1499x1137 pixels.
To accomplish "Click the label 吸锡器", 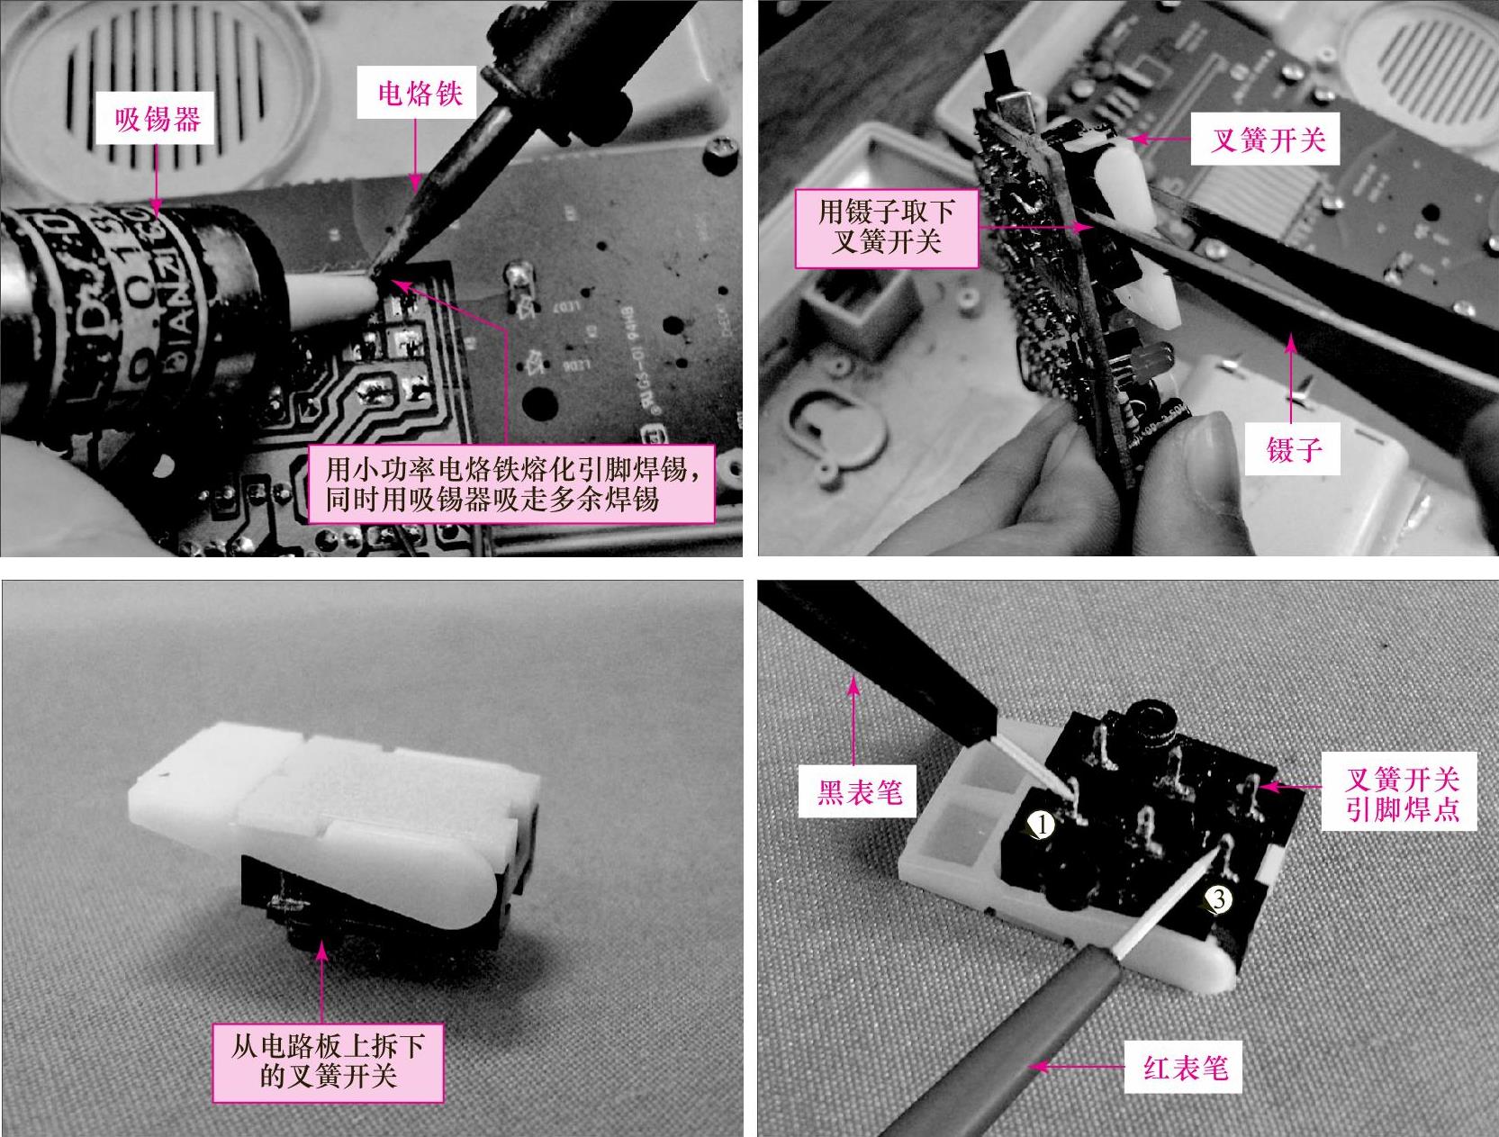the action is click(157, 121).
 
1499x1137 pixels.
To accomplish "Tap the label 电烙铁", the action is click(420, 95).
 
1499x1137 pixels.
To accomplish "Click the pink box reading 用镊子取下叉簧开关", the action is click(887, 228).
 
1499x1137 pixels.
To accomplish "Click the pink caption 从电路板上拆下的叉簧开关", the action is click(328, 1062).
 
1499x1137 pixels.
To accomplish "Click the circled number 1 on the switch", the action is click(1043, 826).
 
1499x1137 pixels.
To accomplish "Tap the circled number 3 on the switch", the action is click(1218, 898).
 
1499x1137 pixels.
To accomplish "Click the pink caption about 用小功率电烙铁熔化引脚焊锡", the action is click(511, 484).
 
